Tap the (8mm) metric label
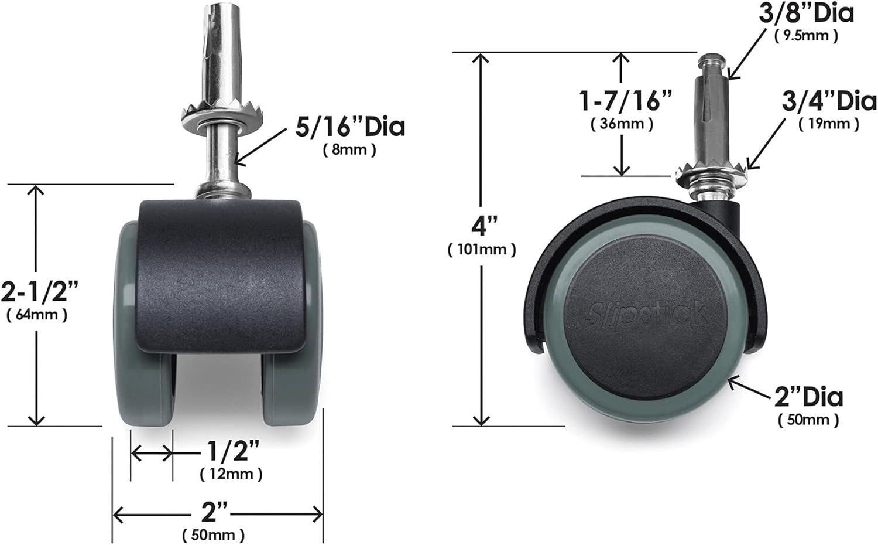[x=349, y=150]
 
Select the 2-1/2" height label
[x=39, y=291]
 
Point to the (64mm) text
[x=37, y=315]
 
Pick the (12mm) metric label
[x=231, y=474]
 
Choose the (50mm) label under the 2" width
[x=213, y=535]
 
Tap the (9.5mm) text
[x=806, y=36]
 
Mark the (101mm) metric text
[x=482, y=250]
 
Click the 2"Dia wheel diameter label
[x=808, y=397]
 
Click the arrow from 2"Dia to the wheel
[x=749, y=389]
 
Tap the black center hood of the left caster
[x=221, y=275]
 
